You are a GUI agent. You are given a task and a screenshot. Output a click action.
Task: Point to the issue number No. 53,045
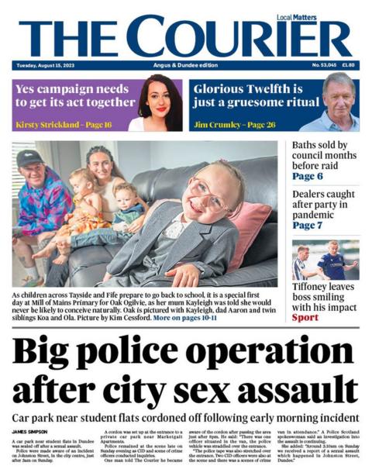[x=322, y=65]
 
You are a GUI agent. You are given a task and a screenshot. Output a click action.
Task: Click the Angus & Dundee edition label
[x=186, y=65]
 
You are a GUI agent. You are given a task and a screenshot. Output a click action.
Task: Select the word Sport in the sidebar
[x=305, y=317]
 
